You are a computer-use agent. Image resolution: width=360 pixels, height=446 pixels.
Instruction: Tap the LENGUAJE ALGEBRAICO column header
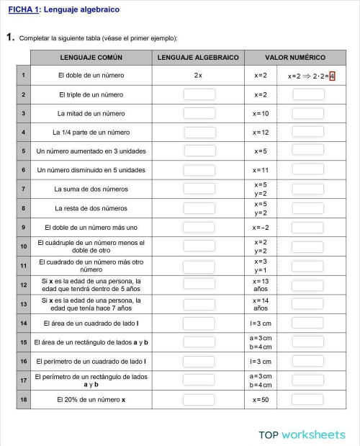[198, 57]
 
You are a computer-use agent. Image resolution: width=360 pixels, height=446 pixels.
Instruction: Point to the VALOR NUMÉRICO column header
[295, 57]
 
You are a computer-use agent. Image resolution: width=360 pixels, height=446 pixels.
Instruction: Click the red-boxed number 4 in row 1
[332, 76]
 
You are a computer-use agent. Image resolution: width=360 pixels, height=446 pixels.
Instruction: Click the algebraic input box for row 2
[199, 94]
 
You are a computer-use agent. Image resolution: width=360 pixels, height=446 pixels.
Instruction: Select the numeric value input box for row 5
[307, 151]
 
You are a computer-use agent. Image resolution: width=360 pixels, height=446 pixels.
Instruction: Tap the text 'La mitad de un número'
[91, 113]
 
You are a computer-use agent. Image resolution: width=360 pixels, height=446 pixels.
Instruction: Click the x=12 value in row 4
[260, 133]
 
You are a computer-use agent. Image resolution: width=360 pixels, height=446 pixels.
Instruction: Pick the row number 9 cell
[24, 228]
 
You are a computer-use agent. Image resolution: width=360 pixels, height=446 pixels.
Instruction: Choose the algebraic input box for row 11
[199, 265]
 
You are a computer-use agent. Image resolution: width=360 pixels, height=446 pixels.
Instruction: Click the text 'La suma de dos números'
[91, 189]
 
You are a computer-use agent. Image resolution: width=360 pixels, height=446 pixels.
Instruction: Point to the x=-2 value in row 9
[260, 228]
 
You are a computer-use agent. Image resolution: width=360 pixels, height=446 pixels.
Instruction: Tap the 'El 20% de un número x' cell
[91, 399]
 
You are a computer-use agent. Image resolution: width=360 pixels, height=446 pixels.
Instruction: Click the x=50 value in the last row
[260, 399]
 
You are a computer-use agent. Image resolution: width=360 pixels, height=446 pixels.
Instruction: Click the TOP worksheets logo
[302, 434]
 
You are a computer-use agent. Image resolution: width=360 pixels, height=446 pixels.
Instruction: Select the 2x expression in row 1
[198, 76]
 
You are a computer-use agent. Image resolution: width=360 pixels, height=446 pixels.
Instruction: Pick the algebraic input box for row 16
[199, 361]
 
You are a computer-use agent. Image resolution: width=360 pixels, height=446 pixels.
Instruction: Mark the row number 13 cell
[24, 303]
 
